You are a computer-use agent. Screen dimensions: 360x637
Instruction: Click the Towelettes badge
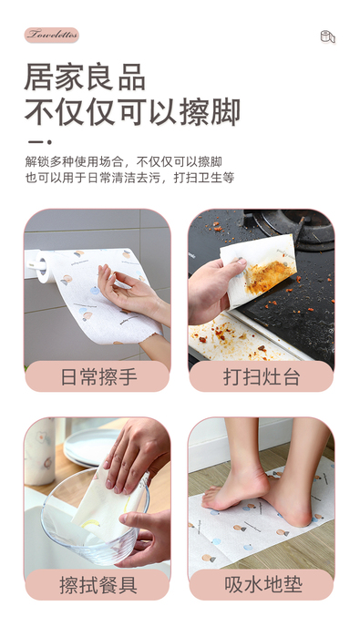tap(52, 35)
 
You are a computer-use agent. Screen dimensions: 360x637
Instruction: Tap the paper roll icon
tap(327, 36)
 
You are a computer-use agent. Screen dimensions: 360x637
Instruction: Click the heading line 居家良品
tap(85, 77)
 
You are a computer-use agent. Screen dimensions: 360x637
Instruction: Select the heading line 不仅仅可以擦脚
tap(132, 111)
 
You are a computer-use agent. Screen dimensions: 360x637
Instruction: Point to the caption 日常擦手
tap(98, 377)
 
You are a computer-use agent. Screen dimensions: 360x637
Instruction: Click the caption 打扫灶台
tap(262, 377)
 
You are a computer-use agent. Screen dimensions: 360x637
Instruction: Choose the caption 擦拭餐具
tap(98, 585)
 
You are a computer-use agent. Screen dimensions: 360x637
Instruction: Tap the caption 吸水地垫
tap(262, 584)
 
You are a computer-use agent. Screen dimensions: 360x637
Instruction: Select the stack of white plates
tap(91, 447)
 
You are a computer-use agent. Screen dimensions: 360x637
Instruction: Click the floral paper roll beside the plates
tap(40, 451)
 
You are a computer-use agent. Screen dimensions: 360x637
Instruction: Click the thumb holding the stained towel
tap(229, 268)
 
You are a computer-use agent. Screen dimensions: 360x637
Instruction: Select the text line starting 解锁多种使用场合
tap(124, 161)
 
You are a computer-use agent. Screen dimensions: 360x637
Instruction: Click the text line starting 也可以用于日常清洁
tap(129, 178)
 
